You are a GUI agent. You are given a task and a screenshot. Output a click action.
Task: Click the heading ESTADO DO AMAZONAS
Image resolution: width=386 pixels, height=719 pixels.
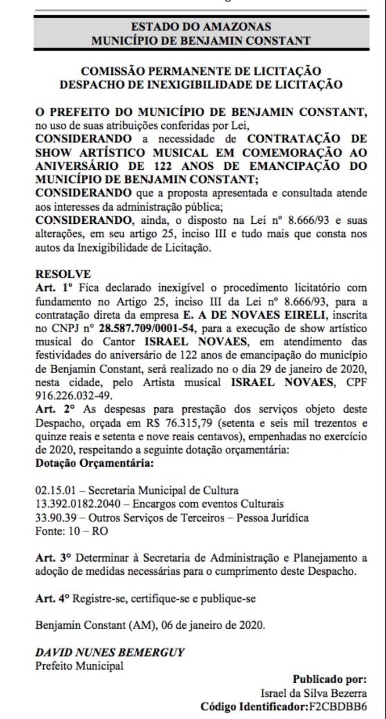pyautogui.click(x=201, y=27)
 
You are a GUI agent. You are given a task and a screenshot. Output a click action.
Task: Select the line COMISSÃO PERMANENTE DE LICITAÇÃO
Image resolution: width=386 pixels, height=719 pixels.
pyautogui.click(x=201, y=72)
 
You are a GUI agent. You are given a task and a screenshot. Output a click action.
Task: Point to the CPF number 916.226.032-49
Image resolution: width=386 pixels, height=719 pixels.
pyautogui.click(x=74, y=395)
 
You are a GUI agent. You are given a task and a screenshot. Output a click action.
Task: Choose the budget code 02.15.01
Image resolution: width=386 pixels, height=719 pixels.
pyautogui.click(x=56, y=491)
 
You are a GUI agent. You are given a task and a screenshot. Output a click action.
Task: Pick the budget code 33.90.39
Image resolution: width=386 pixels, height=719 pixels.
pyautogui.click(x=56, y=518)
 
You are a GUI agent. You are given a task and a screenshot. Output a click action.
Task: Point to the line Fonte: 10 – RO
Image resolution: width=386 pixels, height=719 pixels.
pyautogui.click(x=72, y=532)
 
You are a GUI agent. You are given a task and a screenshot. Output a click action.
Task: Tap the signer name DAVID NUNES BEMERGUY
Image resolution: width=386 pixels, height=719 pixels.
pyautogui.click(x=110, y=653)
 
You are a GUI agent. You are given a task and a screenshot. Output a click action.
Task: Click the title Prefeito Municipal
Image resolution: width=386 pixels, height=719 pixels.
pyautogui.click(x=79, y=666)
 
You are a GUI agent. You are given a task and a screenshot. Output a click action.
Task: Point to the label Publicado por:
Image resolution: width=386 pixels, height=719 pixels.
pyautogui.click(x=330, y=679)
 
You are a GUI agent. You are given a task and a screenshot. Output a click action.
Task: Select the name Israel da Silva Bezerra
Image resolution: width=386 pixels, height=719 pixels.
pyautogui.click(x=314, y=693)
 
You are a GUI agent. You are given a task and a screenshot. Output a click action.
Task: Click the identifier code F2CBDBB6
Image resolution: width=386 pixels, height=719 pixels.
pyautogui.click(x=338, y=707)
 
